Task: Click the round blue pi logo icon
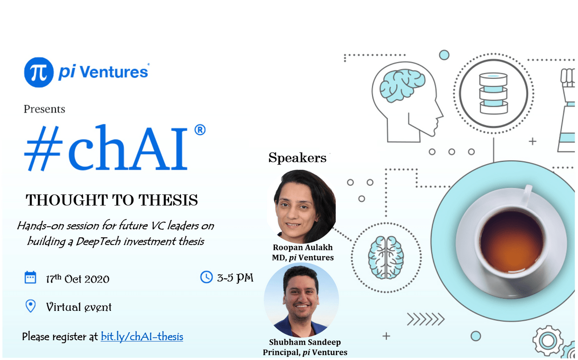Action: pos(39,73)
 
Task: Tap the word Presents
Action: pos(44,109)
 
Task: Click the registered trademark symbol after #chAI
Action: pos(200,130)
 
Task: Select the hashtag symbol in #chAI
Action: pos(44,148)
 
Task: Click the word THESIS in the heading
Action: pos(168,200)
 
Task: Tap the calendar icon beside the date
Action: pos(30,278)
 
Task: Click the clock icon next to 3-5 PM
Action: pos(207,277)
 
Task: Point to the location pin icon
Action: pos(31,306)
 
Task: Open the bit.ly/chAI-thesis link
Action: pos(142,337)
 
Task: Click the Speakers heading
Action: pos(297,158)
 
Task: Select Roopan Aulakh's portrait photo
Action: pos(302,206)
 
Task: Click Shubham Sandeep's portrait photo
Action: pos(301,300)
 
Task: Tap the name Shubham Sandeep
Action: pos(305,343)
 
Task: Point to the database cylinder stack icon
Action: pos(494,93)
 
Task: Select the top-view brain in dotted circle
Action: pos(386,258)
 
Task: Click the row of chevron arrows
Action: pos(426,320)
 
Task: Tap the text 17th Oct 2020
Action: pos(78,279)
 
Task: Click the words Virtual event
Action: pos(79,307)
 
